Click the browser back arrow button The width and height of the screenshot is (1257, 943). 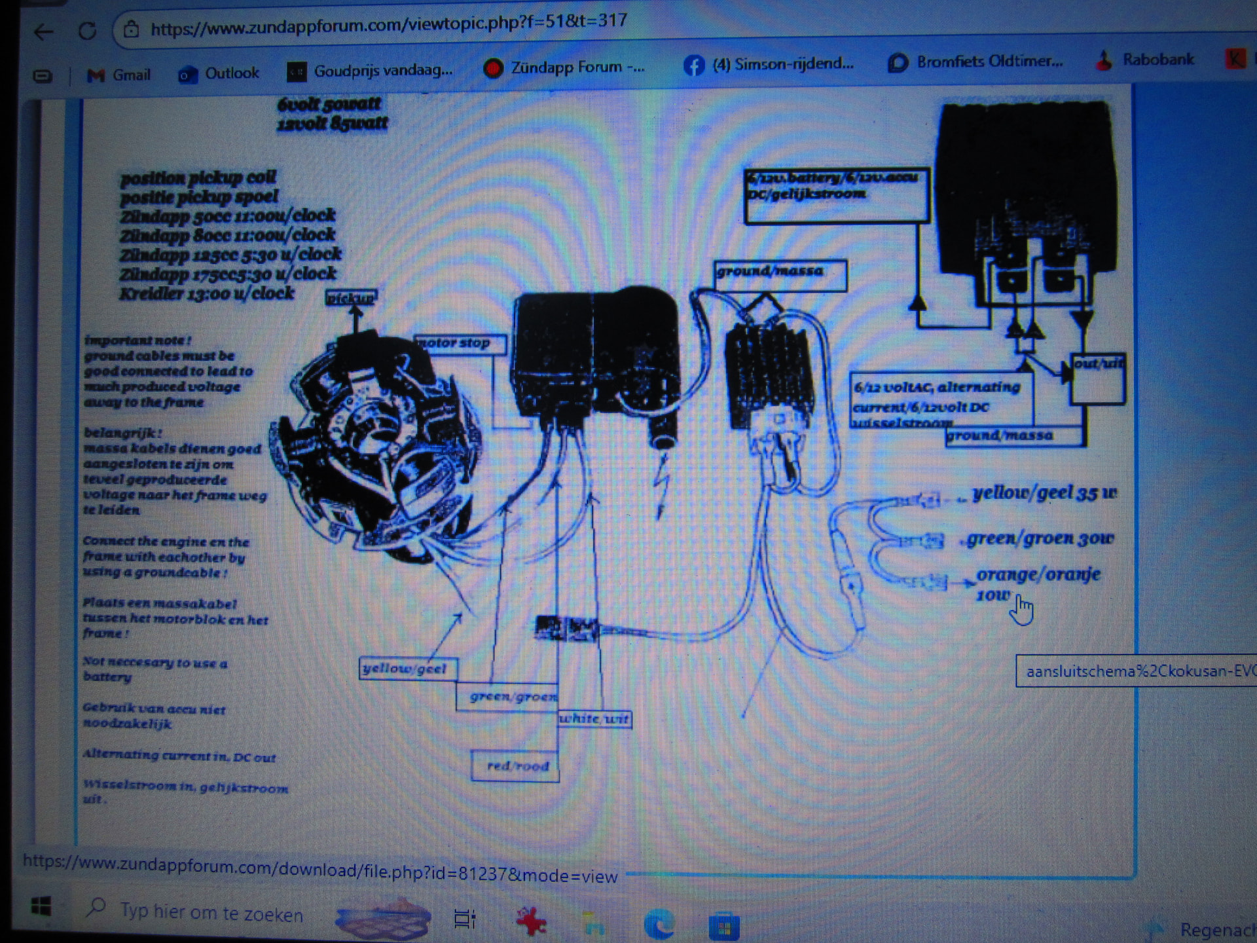tap(43, 31)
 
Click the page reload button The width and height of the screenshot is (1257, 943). tap(87, 30)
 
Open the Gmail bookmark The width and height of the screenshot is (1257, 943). tap(118, 75)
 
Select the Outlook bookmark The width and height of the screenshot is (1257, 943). tap(219, 73)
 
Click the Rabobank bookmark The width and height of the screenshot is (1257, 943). tap(1145, 60)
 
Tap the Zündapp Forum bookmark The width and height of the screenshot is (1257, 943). tap(564, 67)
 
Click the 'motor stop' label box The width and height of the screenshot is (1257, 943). tap(460, 343)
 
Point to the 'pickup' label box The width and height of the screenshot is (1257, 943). tap(352, 298)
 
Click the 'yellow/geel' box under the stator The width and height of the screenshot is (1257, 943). tap(408, 669)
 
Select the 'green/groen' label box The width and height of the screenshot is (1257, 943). tap(507, 696)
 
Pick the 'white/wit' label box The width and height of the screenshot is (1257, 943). tap(594, 719)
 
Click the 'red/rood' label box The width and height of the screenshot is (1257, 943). tap(515, 766)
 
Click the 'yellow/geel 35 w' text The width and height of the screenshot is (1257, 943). tap(1044, 492)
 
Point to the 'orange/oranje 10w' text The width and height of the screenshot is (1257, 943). tap(1038, 583)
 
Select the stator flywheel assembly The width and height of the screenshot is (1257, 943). tap(373, 439)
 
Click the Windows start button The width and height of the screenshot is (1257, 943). tap(41, 907)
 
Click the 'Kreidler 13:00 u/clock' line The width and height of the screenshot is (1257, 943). tap(207, 293)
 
